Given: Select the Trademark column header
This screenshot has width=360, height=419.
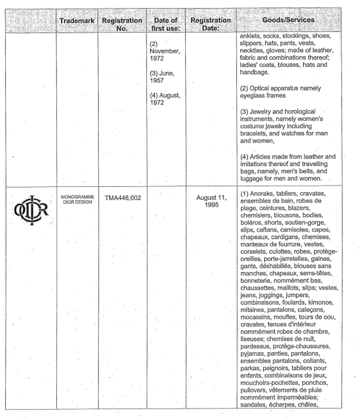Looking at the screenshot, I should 77,21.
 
